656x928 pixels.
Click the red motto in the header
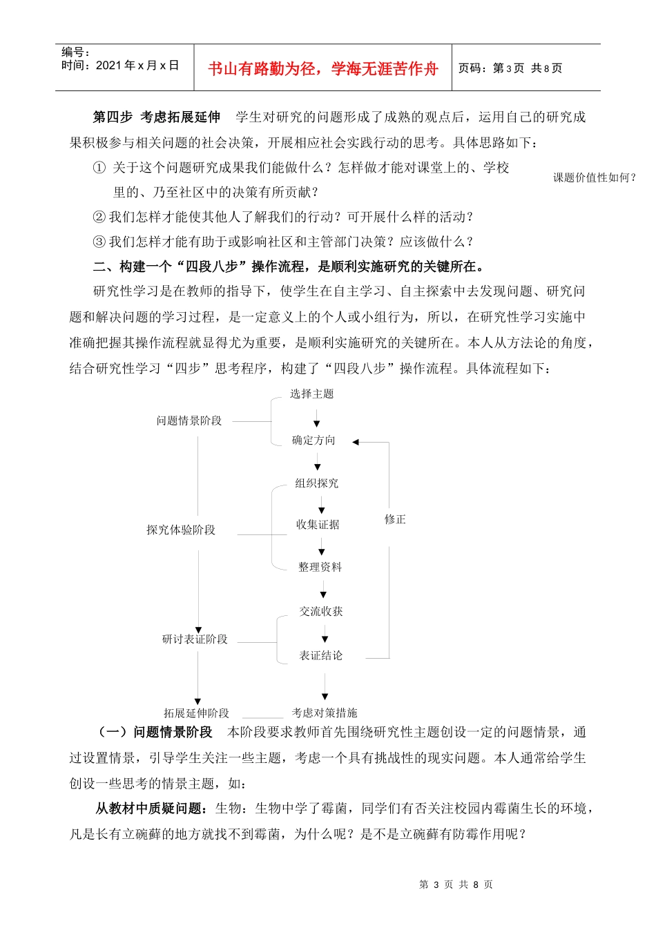click(322, 68)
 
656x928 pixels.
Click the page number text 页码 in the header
click(510, 68)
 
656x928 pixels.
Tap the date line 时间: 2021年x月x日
click(120, 66)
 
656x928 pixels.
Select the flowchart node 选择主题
click(311, 394)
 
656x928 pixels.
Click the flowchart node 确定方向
click(313, 441)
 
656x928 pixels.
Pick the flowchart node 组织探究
click(317, 483)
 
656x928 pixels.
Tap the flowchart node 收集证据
click(318, 525)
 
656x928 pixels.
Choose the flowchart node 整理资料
click(320, 567)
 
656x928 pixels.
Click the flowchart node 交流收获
click(321, 611)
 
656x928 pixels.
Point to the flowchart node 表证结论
click(320, 655)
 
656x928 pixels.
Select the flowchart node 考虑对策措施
click(324, 713)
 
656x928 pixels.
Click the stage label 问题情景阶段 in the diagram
click(189, 420)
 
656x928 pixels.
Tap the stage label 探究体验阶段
click(181, 530)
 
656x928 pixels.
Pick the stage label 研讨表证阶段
click(195, 639)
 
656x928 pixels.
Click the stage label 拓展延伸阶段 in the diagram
click(196, 713)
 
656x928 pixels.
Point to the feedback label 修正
click(395, 519)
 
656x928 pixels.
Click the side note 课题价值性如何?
click(594, 177)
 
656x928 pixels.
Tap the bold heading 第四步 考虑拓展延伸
click(157, 117)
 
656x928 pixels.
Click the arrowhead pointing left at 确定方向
click(356, 442)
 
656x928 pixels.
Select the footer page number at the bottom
click(456, 884)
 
